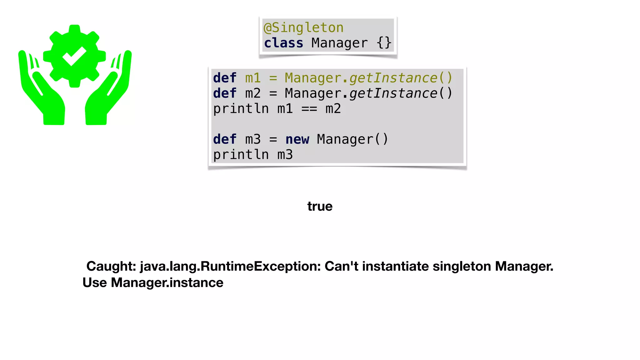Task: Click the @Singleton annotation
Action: pos(303,28)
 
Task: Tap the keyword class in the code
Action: pos(283,43)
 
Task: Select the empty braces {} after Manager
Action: pos(384,43)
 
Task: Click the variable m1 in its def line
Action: pos(253,78)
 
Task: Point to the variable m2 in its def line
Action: pos(253,93)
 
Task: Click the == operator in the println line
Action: pos(309,109)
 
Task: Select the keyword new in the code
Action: pos(297,139)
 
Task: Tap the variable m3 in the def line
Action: pos(253,139)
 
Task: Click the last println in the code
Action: pos(241,155)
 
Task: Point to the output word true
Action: pos(320,206)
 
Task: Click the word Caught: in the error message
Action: pos(111,266)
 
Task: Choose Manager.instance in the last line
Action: pos(167,282)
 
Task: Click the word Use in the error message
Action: pos(95,282)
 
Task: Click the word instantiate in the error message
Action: pos(395,266)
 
